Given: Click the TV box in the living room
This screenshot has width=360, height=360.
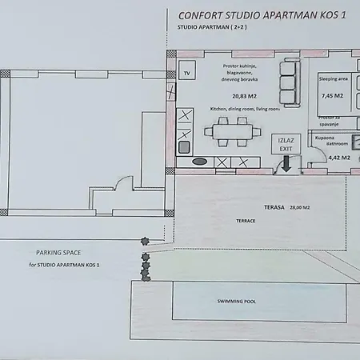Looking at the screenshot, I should (187, 73).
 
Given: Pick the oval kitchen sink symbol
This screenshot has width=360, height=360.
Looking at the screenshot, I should (200, 162).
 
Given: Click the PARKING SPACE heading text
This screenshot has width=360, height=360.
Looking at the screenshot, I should (59, 252).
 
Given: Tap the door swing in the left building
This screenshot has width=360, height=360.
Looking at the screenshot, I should (117, 183).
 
